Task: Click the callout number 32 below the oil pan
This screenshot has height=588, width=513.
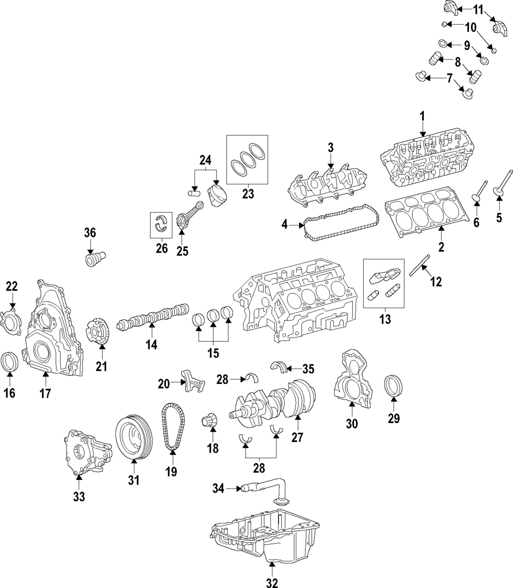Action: (x=272, y=582)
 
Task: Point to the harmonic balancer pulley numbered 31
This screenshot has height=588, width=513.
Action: (x=133, y=439)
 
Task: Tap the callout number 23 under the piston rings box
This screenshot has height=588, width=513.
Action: (x=248, y=194)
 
